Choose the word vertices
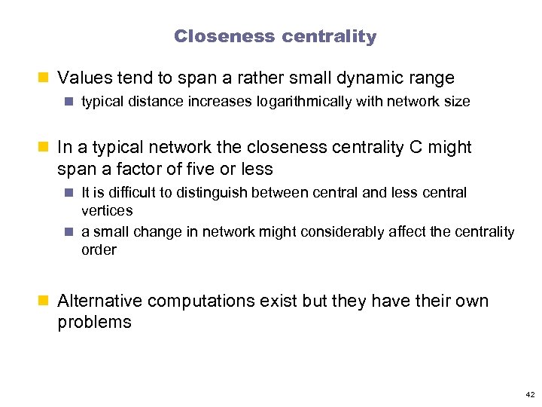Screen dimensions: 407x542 pyautogui.click(x=107, y=210)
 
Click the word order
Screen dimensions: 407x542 pyautogui.click(x=99, y=249)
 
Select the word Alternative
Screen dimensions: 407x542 pyautogui.click(x=99, y=301)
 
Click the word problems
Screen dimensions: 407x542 pyautogui.click(x=94, y=322)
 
